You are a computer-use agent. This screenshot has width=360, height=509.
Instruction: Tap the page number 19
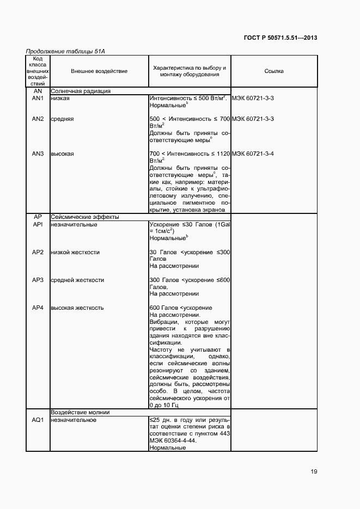click(314, 471)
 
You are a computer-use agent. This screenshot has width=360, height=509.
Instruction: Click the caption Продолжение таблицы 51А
click(65, 51)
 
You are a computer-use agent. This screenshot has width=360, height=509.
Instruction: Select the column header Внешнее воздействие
click(99, 71)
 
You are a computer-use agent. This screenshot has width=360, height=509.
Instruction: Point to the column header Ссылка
click(273, 71)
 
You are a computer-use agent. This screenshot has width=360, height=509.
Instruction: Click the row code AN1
click(38, 98)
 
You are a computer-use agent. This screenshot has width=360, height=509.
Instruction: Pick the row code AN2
click(38, 119)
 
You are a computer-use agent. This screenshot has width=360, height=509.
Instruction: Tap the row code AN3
click(38, 154)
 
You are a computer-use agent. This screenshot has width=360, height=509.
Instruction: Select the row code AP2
click(38, 252)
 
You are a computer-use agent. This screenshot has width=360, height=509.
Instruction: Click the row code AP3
click(38, 280)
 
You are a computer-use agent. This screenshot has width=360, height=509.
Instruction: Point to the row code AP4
click(38, 308)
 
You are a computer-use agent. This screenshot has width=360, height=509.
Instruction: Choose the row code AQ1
click(38, 420)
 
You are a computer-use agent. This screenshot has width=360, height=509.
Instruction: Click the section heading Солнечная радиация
click(81, 91)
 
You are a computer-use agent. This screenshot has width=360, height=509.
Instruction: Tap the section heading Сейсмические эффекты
click(84, 217)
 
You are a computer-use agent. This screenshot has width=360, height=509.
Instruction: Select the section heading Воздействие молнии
click(81, 412)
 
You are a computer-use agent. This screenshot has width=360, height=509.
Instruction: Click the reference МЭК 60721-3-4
click(253, 154)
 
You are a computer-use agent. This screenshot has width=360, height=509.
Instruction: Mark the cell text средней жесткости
click(77, 280)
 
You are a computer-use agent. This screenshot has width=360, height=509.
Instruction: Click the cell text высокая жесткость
click(77, 308)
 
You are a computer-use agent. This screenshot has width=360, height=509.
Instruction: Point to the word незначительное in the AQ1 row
click(74, 420)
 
